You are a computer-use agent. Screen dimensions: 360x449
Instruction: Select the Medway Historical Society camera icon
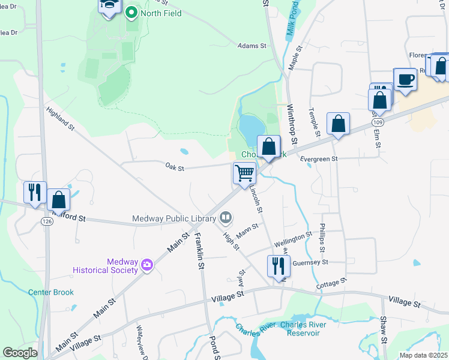click(x=146, y=265)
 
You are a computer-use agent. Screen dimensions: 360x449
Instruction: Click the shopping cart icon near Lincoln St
click(x=244, y=173)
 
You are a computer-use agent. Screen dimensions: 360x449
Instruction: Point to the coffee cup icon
click(x=405, y=79)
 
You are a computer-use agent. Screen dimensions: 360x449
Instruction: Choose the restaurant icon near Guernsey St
click(x=279, y=265)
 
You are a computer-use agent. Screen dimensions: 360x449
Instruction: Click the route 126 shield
click(x=46, y=221)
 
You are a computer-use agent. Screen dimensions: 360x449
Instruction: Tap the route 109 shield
click(x=378, y=122)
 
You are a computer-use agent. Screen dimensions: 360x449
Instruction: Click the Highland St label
click(x=60, y=118)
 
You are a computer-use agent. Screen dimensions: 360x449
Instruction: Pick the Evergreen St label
click(x=321, y=159)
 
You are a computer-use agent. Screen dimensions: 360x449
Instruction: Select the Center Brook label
click(x=51, y=292)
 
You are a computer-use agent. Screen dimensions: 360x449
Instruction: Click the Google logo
click(x=20, y=353)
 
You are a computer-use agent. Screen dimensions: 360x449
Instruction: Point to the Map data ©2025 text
click(x=423, y=355)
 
